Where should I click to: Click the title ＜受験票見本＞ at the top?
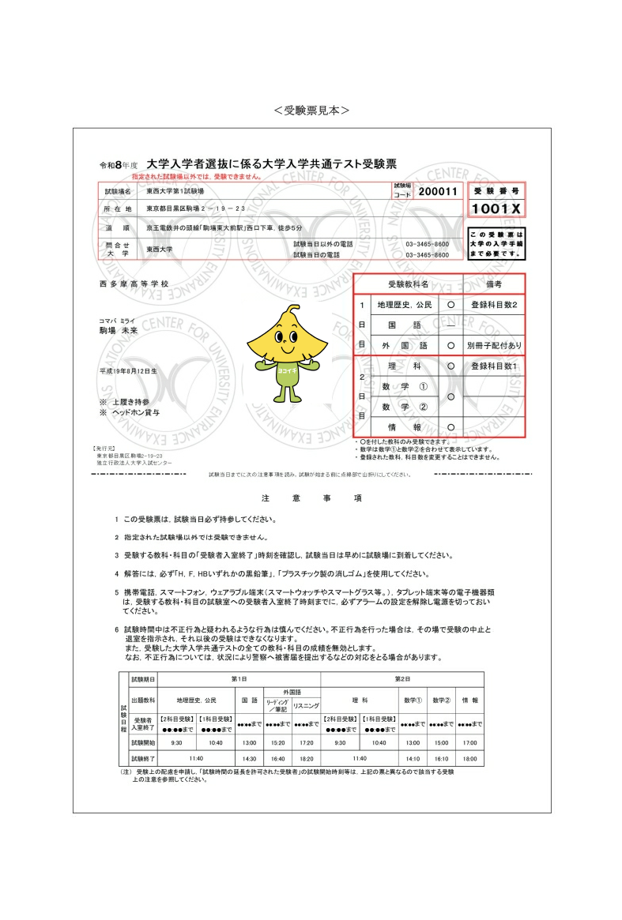click(x=311, y=111)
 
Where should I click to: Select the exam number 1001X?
click(x=496, y=208)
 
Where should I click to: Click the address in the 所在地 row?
click(x=195, y=209)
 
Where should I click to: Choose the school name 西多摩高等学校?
click(x=134, y=284)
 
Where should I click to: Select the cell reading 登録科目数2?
click(x=493, y=304)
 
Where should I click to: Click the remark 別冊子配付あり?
click(x=494, y=345)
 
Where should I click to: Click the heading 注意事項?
click(x=311, y=498)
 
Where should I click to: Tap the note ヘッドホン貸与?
click(x=134, y=412)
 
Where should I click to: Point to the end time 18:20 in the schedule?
click(x=305, y=759)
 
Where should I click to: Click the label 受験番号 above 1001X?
click(x=496, y=192)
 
